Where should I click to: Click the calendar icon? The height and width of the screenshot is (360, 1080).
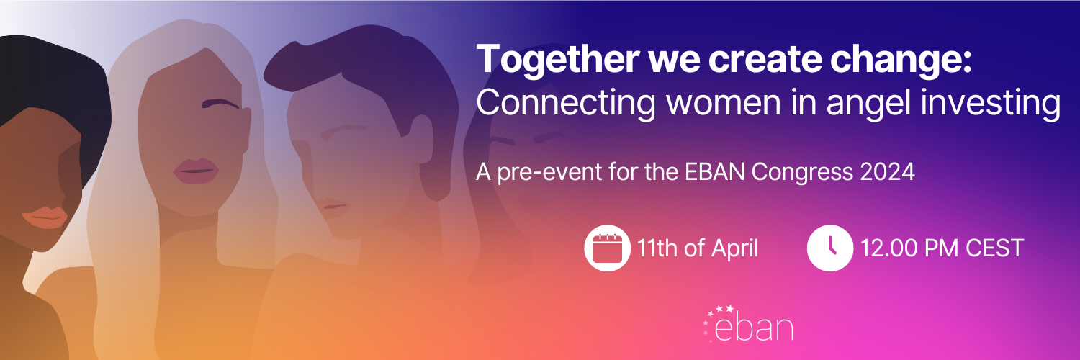607,248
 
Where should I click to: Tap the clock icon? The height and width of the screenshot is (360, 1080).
829,248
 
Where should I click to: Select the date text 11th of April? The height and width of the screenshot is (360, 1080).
698,248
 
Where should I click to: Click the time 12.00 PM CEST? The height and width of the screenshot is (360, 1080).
942,248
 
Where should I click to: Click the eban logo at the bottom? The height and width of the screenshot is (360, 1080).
748,324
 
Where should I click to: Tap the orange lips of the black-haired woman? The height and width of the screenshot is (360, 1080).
45,218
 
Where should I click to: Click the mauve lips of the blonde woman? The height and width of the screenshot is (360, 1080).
196,171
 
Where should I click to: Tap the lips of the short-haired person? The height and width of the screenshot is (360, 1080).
333,207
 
